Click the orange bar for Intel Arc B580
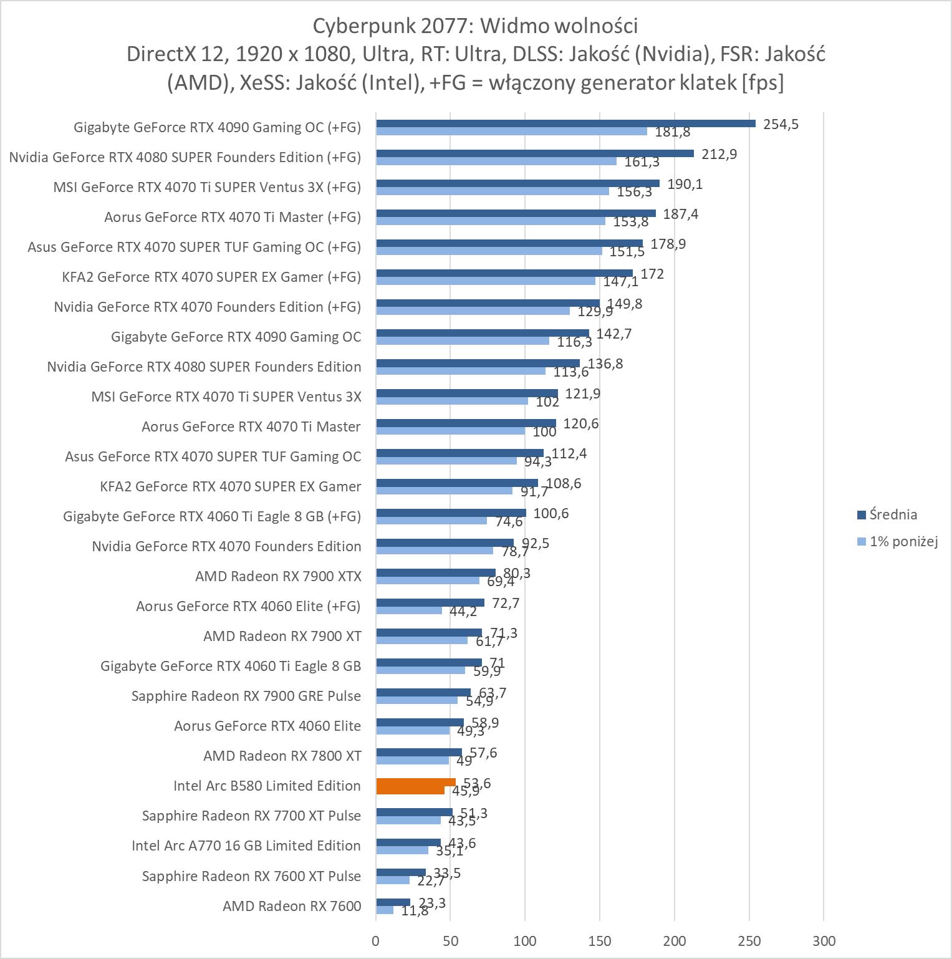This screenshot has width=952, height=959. pyautogui.click(x=416, y=783)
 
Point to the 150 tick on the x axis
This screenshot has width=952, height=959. pyautogui.click(x=599, y=940)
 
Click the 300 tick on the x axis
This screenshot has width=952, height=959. pyautogui.click(x=823, y=940)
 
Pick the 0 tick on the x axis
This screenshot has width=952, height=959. pyautogui.click(x=376, y=940)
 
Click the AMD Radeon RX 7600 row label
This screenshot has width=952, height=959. pyautogui.click(x=292, y=905)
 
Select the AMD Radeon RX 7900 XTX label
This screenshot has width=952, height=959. pyautogui.click(x=278, y=576)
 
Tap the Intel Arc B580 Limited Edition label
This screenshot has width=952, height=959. pyautogui.click(x=267, y=786)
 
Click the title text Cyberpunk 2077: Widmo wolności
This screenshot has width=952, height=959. pyautogui.click(x=475, y=26)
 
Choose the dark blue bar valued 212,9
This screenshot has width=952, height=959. pyautogui.click(x=535, y=153)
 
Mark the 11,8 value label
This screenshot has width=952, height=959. pyautogui.click(x=415, y=910)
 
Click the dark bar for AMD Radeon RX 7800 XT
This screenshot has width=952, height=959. pyautogui.click(x=419, y=752)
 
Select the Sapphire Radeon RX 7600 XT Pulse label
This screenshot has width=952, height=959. pyautogui.click(x=251, y=875)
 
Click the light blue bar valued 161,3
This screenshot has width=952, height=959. pyautogui.click(x=496, y=161)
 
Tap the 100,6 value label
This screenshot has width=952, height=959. pyautogui.click(x=551, y=513)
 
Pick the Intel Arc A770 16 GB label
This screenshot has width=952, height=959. pyautogui.click(x=246, y=846)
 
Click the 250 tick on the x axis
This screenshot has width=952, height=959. pyautogui.click(x=749, y=940)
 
